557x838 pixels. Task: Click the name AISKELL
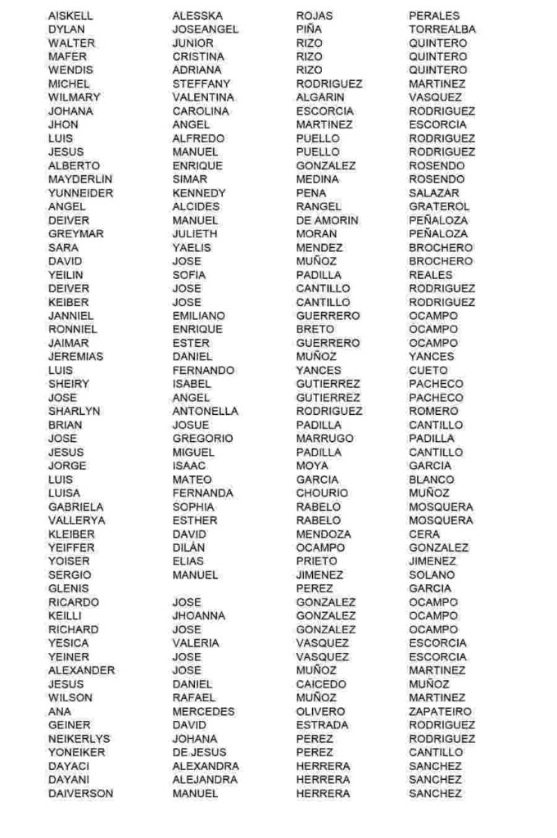(70, 16)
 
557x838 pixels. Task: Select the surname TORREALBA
(442, 29)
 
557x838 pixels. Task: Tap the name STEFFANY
(202, 83)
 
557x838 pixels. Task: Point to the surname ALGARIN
(320, 97)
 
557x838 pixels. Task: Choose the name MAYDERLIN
(80, 179)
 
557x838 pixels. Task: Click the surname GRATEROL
(439, 206)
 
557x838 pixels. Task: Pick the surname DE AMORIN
(327, 220)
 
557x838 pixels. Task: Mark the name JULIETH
(195, 234)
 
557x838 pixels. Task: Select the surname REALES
(431, 275)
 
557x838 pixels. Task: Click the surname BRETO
(315, 329)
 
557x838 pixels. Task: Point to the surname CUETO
(428, 370)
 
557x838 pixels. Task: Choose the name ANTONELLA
(205, 411)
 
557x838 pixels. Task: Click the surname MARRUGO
(324, 439)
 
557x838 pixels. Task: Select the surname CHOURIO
(322, 493)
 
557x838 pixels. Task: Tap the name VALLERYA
(76, 520)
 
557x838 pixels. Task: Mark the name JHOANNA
(198, 615)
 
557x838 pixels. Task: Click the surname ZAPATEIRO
(441, 711)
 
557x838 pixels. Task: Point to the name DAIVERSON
(80, 793)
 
